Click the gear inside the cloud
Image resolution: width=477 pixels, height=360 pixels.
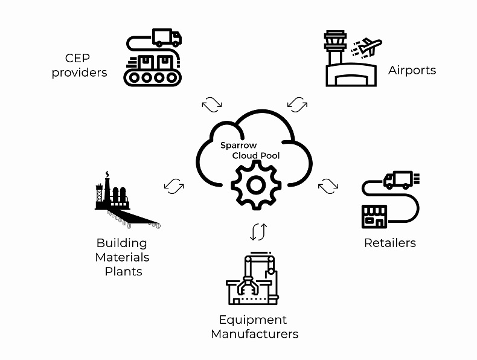(x=257, y=184)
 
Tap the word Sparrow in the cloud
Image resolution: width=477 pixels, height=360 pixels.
(x=238, y=146)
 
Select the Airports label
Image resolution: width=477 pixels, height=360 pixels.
(x=412, y=70)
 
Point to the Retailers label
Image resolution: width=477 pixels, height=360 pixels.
(x=390, y=243)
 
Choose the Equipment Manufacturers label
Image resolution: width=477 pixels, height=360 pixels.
(x=254, y=326)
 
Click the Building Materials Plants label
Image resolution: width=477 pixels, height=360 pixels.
(x=123, y=257)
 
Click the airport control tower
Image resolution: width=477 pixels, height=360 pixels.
(x=336, y=48)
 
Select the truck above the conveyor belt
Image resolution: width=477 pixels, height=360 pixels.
(x=166, y=37)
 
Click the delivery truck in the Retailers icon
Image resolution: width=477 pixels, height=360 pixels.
(x=399, y=179)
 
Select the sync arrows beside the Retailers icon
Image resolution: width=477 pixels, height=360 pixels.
(x=328, y=186)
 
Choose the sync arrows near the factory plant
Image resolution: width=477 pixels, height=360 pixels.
(x=174, y=185)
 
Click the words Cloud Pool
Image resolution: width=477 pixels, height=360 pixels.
(x=256, y=155)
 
